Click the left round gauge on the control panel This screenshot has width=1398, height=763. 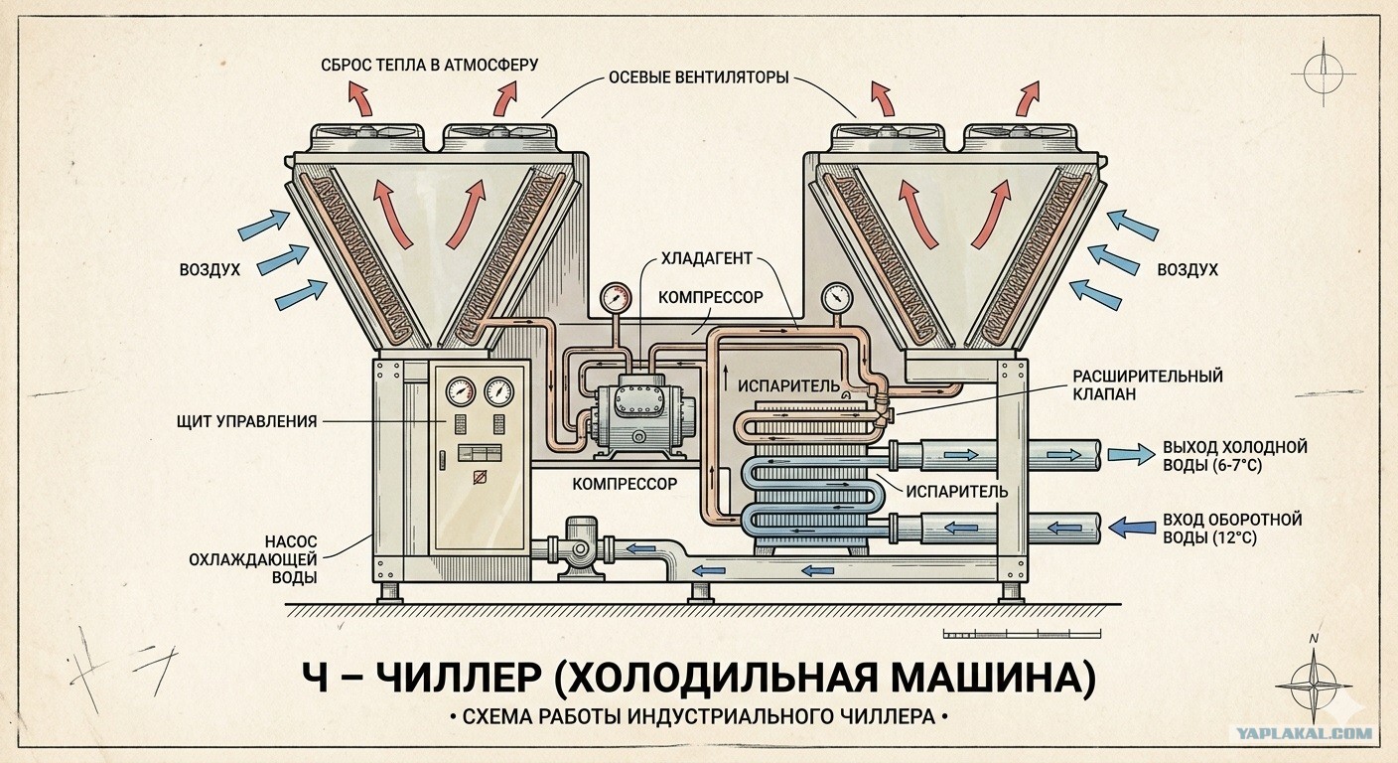point(461,391)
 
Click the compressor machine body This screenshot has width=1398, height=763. point(636,410)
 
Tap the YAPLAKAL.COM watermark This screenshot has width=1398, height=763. point(1304,734)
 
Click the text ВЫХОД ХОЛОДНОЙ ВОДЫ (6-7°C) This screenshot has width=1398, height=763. point(1234,455)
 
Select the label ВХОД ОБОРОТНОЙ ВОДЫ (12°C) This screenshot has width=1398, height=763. point(1231,529)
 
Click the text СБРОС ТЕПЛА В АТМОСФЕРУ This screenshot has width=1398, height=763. point(429,66)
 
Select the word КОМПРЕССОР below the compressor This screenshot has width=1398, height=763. point(625,484)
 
